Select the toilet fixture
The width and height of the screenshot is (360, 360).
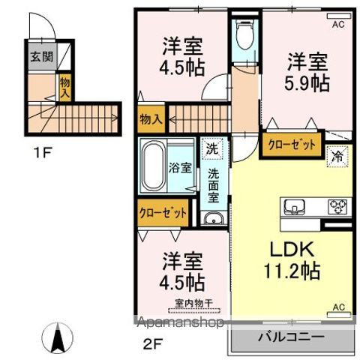point(244,34)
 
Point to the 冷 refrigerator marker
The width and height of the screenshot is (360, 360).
point(339,157)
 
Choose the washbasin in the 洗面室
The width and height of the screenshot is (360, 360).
point(212,219)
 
